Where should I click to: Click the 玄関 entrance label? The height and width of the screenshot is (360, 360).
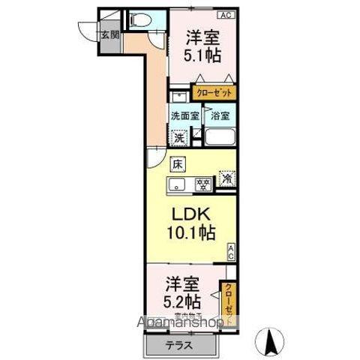point(109,35)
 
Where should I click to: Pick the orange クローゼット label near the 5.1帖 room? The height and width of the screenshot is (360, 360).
point(214,93)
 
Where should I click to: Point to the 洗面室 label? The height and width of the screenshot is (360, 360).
point(184,116)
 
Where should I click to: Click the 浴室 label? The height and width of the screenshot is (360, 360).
point(219,116)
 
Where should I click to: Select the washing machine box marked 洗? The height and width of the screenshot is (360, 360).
point(179,137)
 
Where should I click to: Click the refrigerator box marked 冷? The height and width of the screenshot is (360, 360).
point(226,180)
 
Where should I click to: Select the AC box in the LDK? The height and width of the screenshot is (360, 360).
point(231,252)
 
